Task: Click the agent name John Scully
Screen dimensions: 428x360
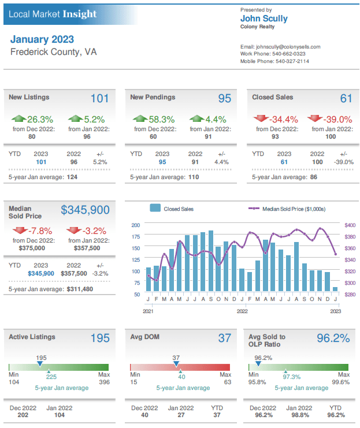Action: (x=263, y=18)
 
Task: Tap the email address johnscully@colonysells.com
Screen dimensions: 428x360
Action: (x=280, y=47)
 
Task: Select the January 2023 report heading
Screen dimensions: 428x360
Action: (x=42, y=39)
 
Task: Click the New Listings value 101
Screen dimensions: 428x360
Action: (x=99, y=99)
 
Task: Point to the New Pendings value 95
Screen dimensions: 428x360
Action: (x=224, y=99)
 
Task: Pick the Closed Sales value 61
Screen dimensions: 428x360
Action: (x=346, y=99)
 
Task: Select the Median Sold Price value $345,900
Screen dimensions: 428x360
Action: (x=85, y=210)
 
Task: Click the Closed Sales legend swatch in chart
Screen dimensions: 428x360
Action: (x=155, y=209)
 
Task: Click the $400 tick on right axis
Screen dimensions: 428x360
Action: (x=350, y=225)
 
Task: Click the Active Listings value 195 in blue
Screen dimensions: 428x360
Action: (x=99, y=338)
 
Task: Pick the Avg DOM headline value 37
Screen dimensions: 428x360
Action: (x=224, y=338)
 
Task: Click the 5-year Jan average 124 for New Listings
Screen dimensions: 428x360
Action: (x=71, y=177)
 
